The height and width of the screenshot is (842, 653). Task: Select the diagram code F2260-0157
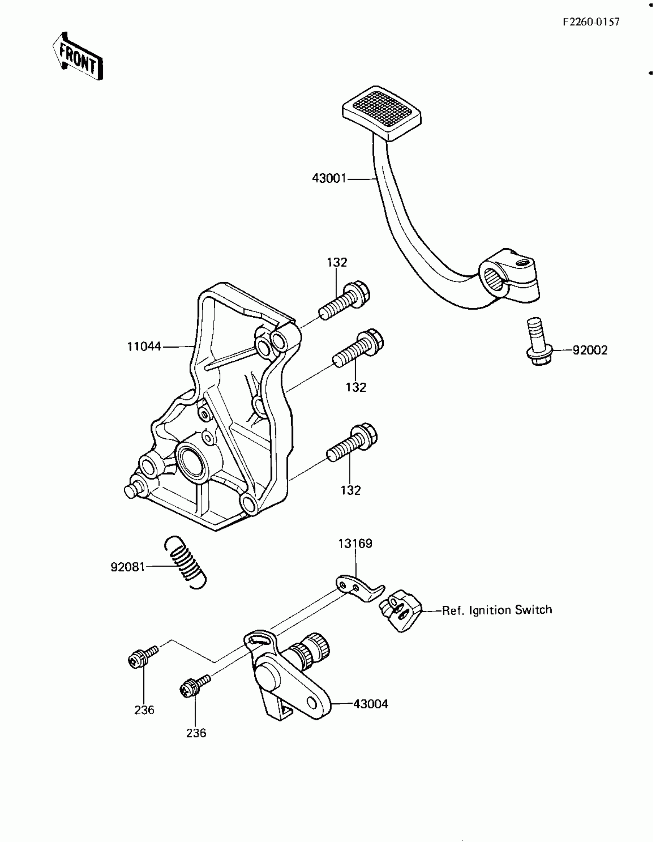point(591,22)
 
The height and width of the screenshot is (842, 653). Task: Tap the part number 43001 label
point(329,179)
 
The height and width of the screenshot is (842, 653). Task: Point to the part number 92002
point(590,350)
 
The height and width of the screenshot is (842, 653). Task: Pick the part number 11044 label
point(144,346)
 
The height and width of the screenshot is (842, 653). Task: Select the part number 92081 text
point(128,567)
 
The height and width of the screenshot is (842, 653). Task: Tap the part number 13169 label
point(355,544)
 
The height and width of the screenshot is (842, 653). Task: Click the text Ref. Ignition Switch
point(497,610)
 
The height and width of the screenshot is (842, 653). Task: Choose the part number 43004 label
point(370,704)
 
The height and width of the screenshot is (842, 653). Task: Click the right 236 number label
point(196,733)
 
